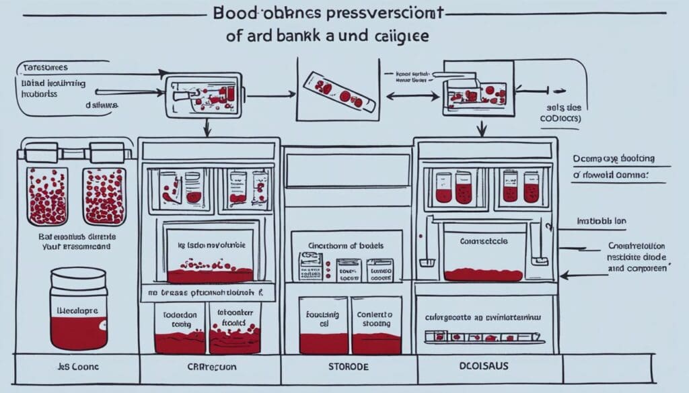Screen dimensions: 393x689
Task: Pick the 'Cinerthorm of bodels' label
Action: pos(346,246)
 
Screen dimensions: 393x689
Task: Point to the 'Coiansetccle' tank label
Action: pos(484,240)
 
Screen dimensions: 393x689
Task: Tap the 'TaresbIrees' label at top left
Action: pos(46,68)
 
